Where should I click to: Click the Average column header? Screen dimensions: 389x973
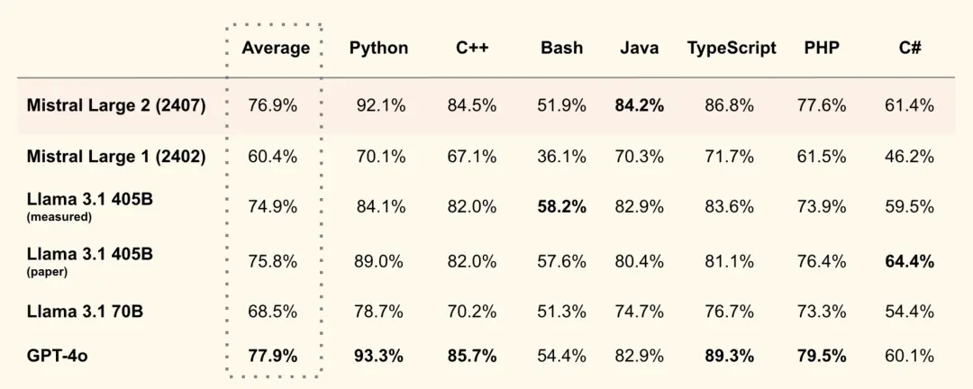tap(275, 49)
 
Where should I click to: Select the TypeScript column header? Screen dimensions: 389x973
tap(732, 49)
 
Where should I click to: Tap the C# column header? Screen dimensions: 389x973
tap(909, 49)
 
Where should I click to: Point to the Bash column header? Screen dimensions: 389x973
tap(561, 49)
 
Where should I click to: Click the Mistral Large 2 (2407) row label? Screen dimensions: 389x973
tap(116, 105)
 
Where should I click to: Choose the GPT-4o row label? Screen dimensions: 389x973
tap(57, 356)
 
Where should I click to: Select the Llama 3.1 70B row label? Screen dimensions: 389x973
tap(85, 312)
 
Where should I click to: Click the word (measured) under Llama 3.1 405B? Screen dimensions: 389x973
tap(59, 217)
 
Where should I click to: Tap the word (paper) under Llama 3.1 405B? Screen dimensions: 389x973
tap(48, 272)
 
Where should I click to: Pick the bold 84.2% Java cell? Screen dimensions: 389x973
tap(640, 105)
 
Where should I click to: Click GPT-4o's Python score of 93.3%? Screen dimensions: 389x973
tap(378, 356)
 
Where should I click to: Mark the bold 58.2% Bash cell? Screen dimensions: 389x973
tap(561, 207)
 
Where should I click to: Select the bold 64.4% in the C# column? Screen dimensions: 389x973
tap(909, 262)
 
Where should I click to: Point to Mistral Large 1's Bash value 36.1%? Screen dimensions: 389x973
tap(561, 157)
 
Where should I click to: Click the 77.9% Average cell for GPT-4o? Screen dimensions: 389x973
tap(272, 356)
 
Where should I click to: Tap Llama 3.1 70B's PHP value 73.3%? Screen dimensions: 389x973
tap(822, 312)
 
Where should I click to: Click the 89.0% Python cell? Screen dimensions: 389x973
tap(378, 262)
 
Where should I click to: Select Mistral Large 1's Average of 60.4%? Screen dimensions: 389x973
tap(272, 157)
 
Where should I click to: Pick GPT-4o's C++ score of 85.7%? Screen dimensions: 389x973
tap(472, 356)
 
